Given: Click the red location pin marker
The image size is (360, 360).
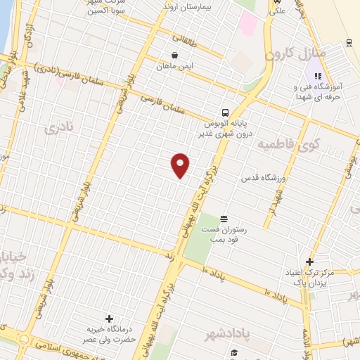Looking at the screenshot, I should click(181, 165).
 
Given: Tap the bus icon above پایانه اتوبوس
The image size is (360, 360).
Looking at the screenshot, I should click(225, 112).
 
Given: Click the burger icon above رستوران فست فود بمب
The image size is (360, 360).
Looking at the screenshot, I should click(224, 219).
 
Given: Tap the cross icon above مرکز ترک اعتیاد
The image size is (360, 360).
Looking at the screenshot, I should click(309, 262).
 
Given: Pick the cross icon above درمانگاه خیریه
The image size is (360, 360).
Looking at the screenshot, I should click(108, 319).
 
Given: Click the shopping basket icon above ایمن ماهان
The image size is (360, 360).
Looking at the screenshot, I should click(174, 55).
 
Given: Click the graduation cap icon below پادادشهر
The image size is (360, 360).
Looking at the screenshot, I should click(233, 352).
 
